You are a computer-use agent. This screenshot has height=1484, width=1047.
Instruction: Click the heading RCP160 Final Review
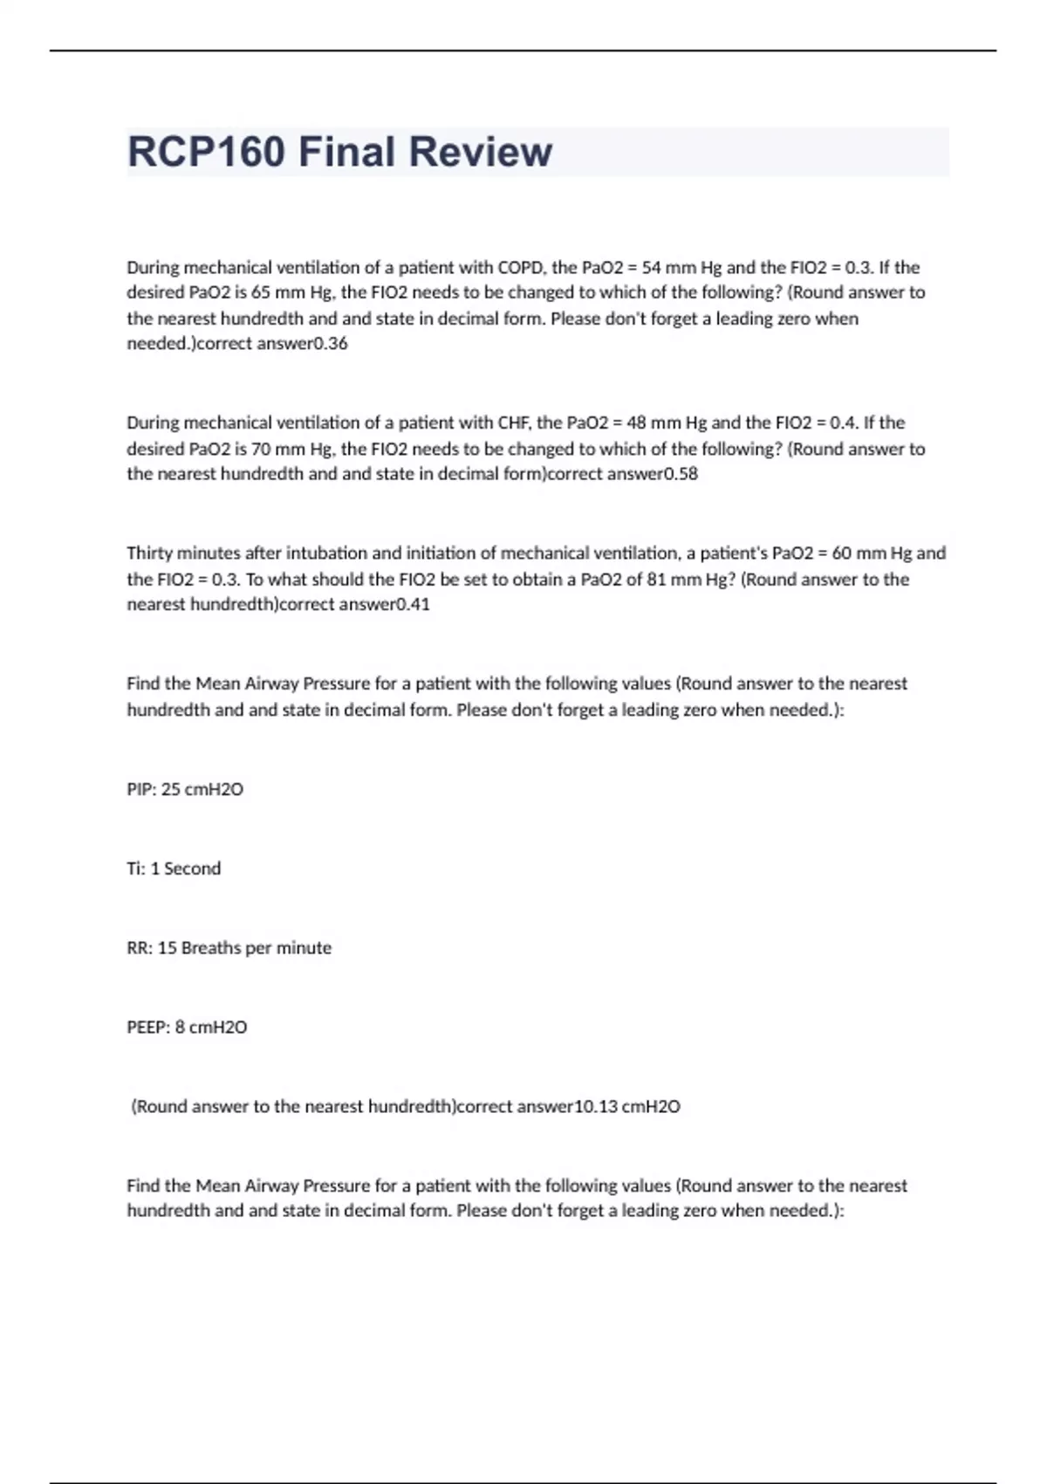(x=339, y=152)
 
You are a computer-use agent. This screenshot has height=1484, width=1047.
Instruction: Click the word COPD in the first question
(x=519, y=267)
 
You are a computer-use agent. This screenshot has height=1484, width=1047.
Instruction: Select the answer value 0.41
(x=413, y=604)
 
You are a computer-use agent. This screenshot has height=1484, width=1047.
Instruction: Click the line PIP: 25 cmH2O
(x=185, y=789)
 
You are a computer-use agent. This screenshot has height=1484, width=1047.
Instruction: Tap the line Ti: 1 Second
(x=174, y=869)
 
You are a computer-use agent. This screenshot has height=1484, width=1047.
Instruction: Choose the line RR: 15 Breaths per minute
(x=229, y=948)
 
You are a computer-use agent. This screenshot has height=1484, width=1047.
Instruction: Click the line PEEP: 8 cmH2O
(x=187, y=1027)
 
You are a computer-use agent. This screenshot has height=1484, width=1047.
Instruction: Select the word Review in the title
(x=480, y=152)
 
